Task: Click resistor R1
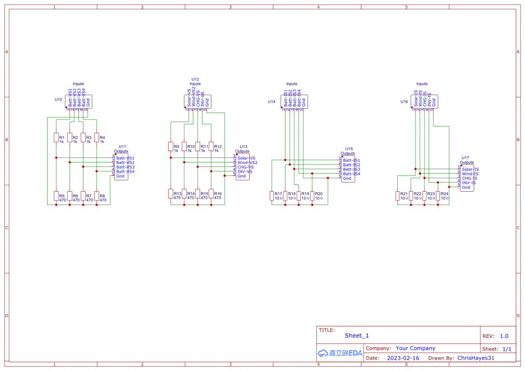56,138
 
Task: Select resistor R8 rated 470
96,196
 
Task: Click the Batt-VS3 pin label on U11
125,167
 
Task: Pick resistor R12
211,147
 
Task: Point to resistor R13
171,193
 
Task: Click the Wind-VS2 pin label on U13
247,162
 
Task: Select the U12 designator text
195,79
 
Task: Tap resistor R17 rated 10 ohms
272,195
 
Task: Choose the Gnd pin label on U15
347,178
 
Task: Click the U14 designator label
272,101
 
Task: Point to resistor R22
411,195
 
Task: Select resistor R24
437,195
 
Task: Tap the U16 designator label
405,101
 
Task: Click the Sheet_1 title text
356,336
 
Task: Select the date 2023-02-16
403,358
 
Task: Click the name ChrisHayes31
475,358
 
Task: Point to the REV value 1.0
504,336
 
